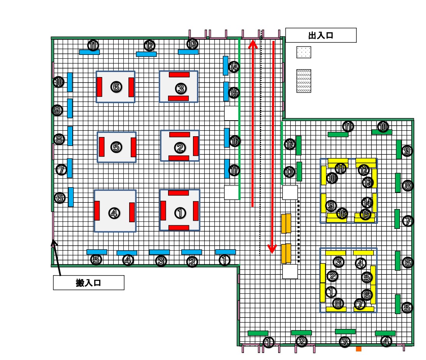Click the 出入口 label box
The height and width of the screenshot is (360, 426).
[x=321, y=35]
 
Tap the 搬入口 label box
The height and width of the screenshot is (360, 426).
[x=89, y=283]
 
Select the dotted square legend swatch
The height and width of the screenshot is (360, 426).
[x=304, y=52]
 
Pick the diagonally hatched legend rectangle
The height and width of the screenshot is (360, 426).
[x=304, y=81]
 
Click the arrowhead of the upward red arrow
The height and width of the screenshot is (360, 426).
[x=252, y=44]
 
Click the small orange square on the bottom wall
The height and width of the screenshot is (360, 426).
[x=359, y=349]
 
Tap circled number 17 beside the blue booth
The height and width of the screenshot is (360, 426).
[x=234, y=170]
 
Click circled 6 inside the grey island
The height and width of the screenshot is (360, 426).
[x=116, y=87]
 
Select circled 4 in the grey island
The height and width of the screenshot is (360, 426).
[x=114, y=213]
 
